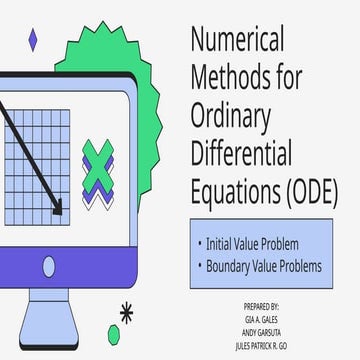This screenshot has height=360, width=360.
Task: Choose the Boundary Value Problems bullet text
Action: click(263, 267)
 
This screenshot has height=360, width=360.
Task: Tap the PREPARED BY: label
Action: click(262, 304)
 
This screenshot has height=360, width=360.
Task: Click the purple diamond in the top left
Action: click(33, 39)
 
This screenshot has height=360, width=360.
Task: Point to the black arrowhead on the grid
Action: click(57, 208)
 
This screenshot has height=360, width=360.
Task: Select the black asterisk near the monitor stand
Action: click(126, 311)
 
